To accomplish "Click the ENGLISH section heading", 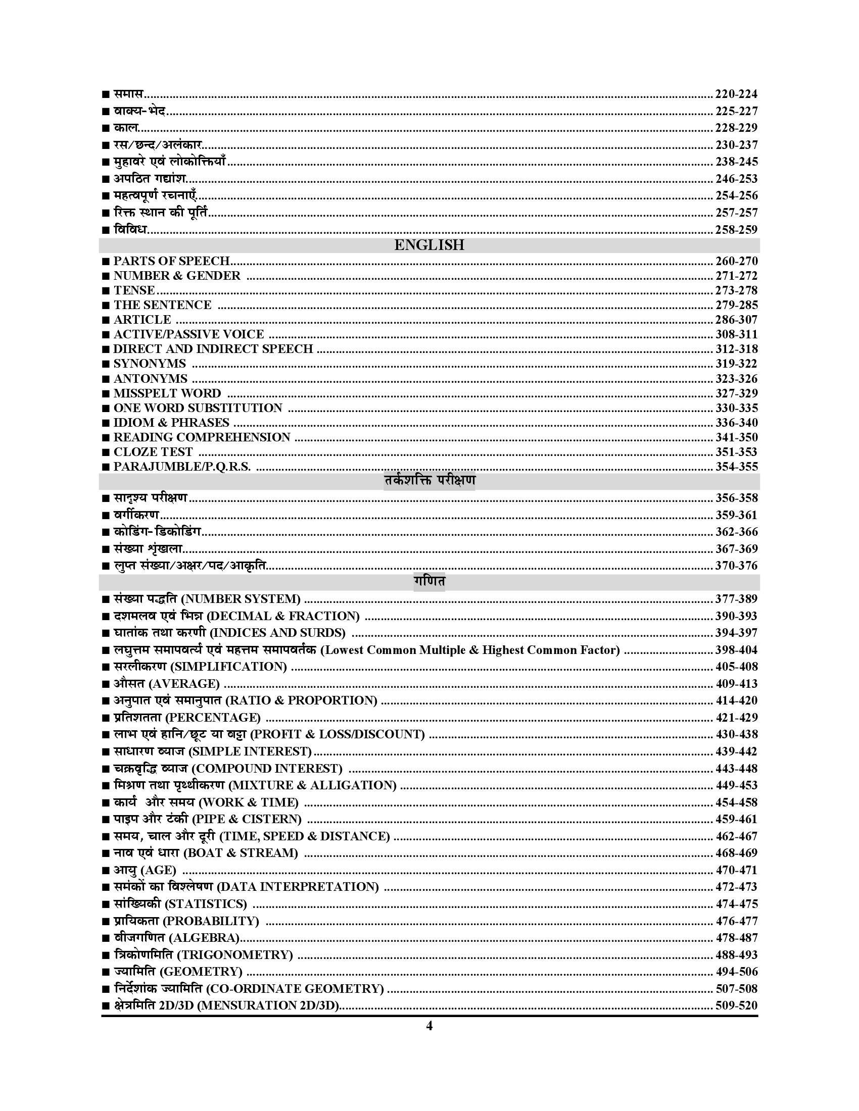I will [x=429, y=245].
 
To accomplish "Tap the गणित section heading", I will [x=429, y=581].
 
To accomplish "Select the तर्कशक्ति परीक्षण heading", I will [x=429, y=481].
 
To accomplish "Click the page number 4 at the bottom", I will [x=429, y=1026].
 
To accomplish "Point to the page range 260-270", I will [x=736, y=261].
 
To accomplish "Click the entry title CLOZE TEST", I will [x=153, y=452].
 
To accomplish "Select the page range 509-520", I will [x=736, y=1005].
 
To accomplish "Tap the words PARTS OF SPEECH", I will [x=171, y=261].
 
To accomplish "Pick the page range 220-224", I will [x=736, y=93].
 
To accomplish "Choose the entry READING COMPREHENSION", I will [x=202, y=437].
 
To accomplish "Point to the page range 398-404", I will [x=736, y=649].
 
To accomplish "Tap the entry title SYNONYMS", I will [x=150, y=364].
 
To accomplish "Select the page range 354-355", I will [x=736, y=467].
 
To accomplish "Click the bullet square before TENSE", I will [x=105, y=291].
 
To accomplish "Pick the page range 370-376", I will [x=736, y=565].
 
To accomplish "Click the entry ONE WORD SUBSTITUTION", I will [x=198, y=408].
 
